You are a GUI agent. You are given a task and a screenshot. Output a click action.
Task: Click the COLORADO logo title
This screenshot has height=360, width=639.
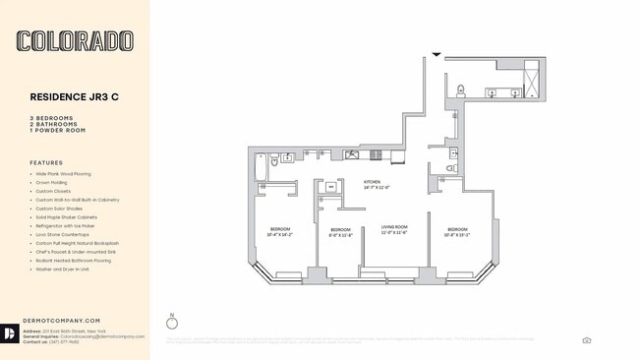tap(75, 40)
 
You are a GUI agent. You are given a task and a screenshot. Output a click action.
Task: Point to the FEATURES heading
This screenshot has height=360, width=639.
tap(46, 163)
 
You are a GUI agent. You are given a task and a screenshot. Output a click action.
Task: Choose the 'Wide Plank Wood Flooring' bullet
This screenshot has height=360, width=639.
tap(63, 174)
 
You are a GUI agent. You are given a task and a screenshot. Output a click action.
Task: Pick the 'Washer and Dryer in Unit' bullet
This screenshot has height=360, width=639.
tap(62, 269)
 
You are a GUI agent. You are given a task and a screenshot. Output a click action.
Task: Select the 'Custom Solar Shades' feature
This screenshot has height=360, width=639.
tap(58, 209)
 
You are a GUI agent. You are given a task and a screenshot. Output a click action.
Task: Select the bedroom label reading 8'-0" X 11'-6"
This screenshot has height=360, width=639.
tap(340, 232)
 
